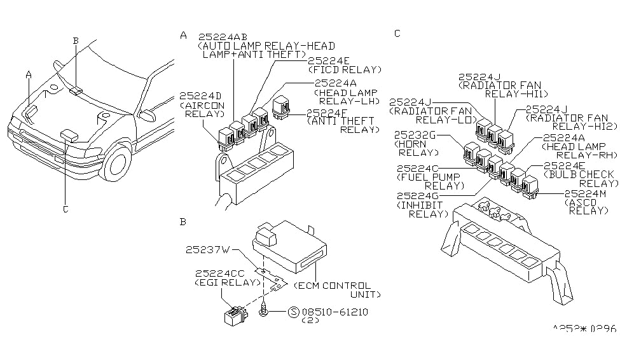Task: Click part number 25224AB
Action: coord(223,37)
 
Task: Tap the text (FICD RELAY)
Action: coord(345,70)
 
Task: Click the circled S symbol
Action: coord(293,313)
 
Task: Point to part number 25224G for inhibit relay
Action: coord(419,196)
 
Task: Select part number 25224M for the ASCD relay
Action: coord(588,193)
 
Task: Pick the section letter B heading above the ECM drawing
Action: coord(183,222)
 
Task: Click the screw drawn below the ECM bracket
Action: coord(263,310)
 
